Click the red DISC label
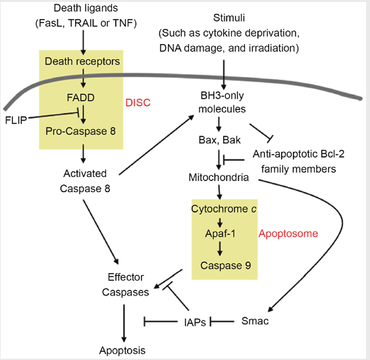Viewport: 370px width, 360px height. coord(138,103)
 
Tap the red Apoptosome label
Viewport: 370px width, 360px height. coord(288,234)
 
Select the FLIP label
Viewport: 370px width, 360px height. coord(16,120)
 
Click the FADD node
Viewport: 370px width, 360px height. coord(80,97)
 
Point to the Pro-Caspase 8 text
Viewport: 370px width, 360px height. coord(80,131)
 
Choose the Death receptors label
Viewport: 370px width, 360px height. coord(82,61)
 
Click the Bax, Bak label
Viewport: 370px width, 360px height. coord(219,140)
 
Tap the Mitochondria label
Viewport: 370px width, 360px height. coord(219,178)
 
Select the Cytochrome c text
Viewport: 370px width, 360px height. coord(224,209)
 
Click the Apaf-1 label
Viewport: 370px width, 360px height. coord(220,234)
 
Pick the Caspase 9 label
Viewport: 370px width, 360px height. coord(226,265)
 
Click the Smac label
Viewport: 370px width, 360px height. coord(255,321)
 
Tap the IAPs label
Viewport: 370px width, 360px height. coord(195,322)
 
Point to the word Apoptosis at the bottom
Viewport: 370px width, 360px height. coord(122,351)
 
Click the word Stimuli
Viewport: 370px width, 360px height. coord(229,18)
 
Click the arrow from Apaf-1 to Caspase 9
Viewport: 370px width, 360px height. coord(220,249)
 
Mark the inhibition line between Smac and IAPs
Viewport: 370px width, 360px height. coord(222,321)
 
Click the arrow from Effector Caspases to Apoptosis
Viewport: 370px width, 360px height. coord(124,323)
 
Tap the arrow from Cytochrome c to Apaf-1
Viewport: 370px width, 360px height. coord(220,222)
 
